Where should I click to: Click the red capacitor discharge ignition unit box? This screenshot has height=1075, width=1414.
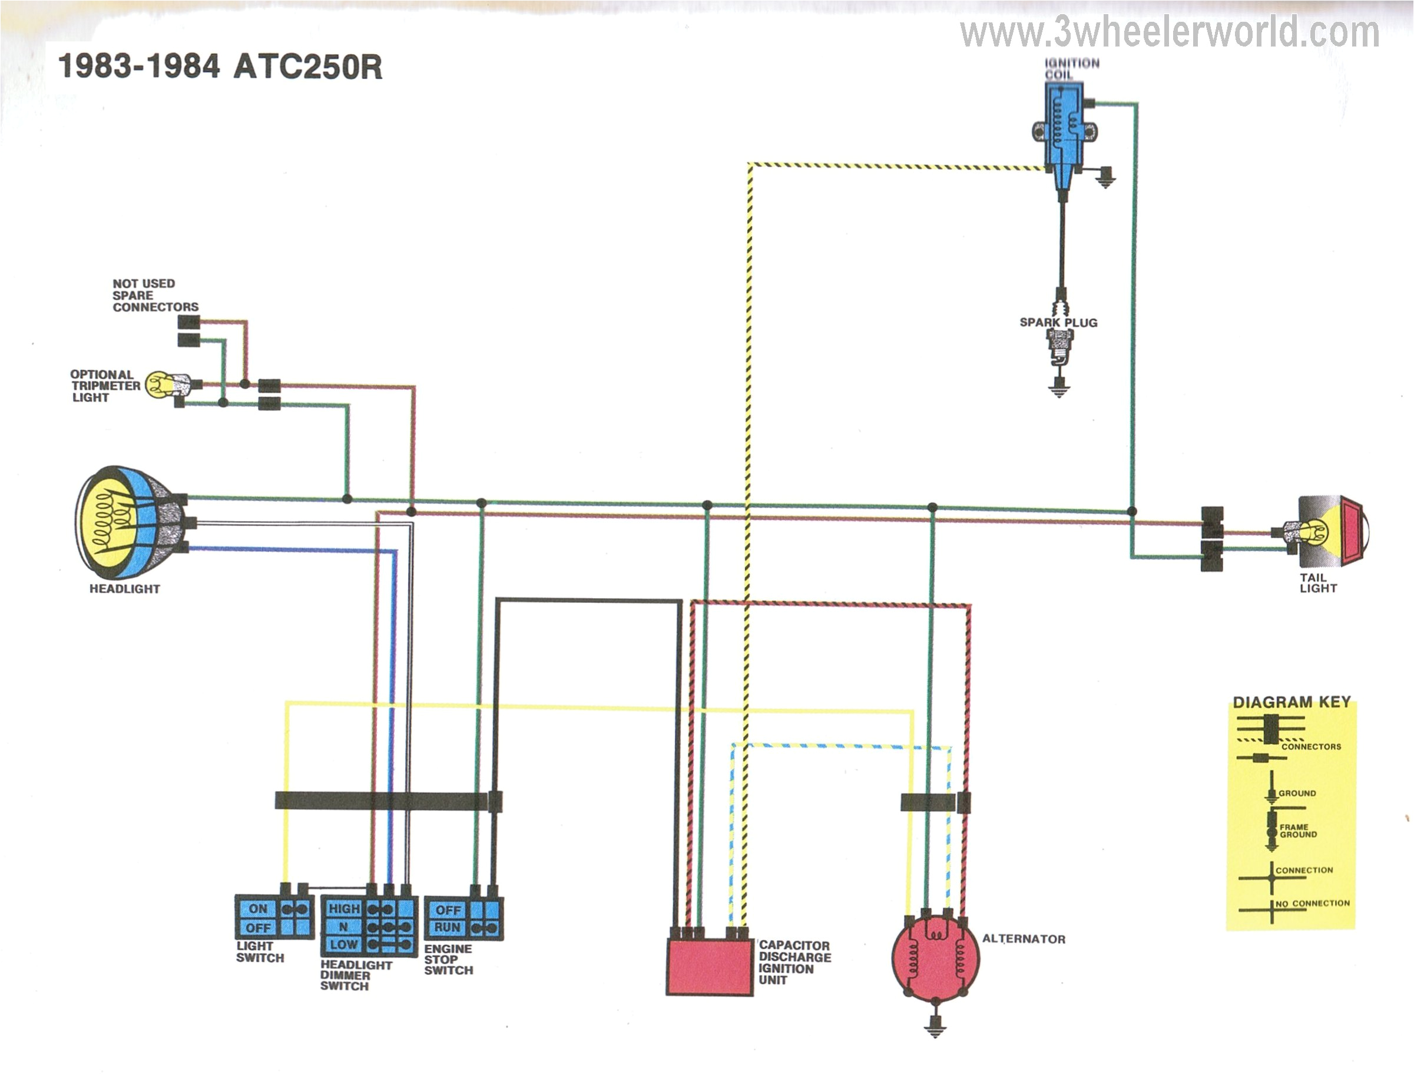(x=710, y=966)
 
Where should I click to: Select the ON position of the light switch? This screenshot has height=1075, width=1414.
(x=258, y=908)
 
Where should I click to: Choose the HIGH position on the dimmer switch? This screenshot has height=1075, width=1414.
(x=344, y=908)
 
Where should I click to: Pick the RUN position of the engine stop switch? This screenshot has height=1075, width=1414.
(x=448, y=927)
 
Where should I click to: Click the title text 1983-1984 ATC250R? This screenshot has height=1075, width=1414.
(x=220, y=67)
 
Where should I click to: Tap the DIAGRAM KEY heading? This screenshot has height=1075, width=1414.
(x=1291, y=702)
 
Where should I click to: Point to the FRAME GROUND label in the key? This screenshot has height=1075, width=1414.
(x=1298, y=831)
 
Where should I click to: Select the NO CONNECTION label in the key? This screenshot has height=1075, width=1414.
(x=1312, y=904)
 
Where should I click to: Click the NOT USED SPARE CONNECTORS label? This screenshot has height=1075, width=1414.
(x=155, y=295)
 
